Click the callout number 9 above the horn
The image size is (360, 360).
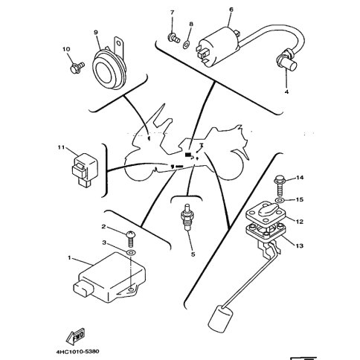coord(96,33)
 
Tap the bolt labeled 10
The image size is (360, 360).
coord(77,68)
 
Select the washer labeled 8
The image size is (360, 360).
coord(186,45)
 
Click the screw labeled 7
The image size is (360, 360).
coord(173,38)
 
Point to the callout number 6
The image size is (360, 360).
coord(231,10)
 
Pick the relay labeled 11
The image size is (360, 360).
coord(83,169)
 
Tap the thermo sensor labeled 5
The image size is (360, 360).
coord(187,217)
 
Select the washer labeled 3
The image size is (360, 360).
coord(130,252)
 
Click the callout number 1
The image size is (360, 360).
coord(69,258)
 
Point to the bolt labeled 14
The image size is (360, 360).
coord(280,185)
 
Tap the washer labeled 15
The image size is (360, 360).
coord(280,200)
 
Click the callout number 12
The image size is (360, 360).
coord(300,221)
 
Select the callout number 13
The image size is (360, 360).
coord(300,245)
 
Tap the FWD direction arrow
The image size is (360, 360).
coord(76,335)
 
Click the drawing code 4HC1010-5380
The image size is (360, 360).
coord(77,351)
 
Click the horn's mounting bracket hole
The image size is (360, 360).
coord(119,44)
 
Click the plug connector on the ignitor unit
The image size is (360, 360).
coord(83,289)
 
